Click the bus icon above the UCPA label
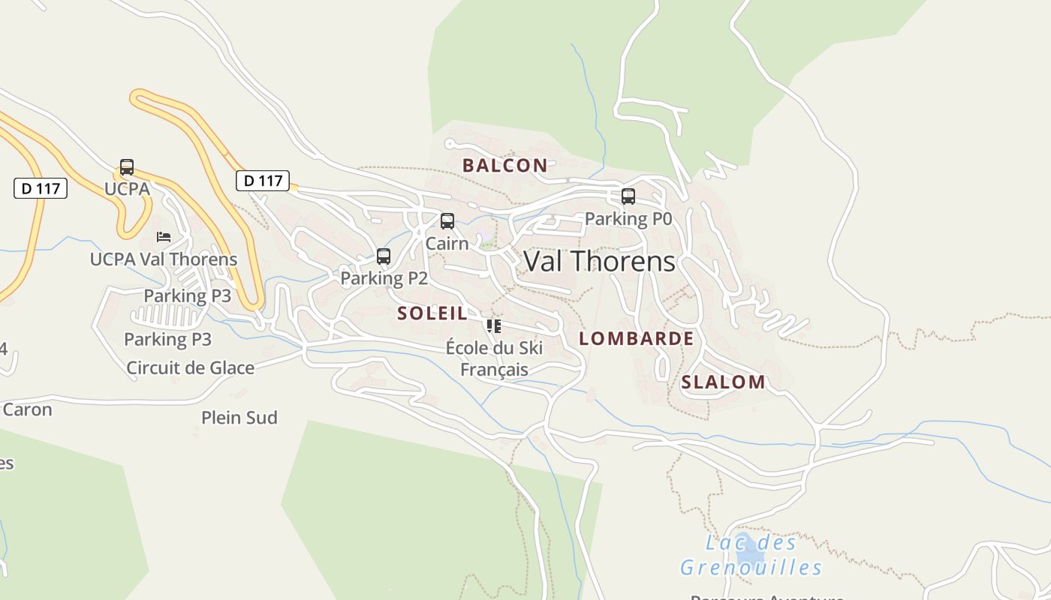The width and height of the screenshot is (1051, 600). [x=127, y=167]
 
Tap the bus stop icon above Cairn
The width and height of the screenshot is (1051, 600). [x=447, y=221]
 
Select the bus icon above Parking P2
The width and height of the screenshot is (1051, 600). [x=384, y=256]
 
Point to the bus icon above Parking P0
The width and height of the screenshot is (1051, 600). [x=628, y=196]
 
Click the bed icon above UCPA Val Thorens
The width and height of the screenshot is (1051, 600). [x=164, y=237]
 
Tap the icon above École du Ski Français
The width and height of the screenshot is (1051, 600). [x=494, y=326]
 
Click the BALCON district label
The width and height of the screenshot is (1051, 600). [x=504, y=166]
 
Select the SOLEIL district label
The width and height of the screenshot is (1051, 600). [x=432, y=313]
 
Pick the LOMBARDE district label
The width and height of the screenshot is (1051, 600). [x=637, y=338]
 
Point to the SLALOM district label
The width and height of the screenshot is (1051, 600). [x=723, y=382]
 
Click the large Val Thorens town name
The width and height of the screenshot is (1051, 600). [x=599, y=261]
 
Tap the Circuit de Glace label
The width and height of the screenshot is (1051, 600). [x=190, y=367]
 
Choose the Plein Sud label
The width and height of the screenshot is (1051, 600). [x=239, y=418]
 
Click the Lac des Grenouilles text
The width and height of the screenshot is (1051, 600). [x=751, y=555]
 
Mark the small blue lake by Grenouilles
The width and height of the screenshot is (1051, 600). [x=748, y=556]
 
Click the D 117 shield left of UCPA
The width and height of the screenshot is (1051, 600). [x=41, y=188]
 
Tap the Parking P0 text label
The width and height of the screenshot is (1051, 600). [x=628, y=219]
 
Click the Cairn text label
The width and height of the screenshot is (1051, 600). [x=447, y=244]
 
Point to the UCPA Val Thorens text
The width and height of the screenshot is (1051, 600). [x=164, y=259]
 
